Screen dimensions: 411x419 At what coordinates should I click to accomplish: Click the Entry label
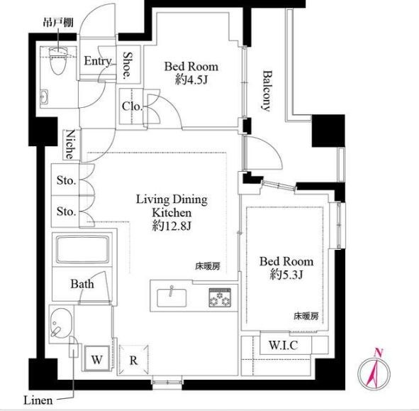[x=97, y=62]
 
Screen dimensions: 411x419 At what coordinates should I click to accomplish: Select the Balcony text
[x=267, y=90]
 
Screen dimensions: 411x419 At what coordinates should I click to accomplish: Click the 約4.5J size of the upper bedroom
[x=191, y=80]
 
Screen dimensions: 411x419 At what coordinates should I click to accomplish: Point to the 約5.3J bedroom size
[x=286, y=275]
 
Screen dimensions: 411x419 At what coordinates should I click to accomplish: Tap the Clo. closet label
[x=132, y=107]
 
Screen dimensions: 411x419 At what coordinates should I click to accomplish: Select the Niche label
[x=72, y=145]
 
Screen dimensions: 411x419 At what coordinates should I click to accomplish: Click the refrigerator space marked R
[x=133, y=359]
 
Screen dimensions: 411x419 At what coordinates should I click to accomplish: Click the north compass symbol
[x=375, y=370]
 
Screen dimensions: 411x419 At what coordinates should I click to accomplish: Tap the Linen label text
[x=36, y=400]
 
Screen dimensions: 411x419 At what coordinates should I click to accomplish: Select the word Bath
[x=82, y=284]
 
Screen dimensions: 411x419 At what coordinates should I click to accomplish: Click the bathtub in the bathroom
[x=79, y=251]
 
